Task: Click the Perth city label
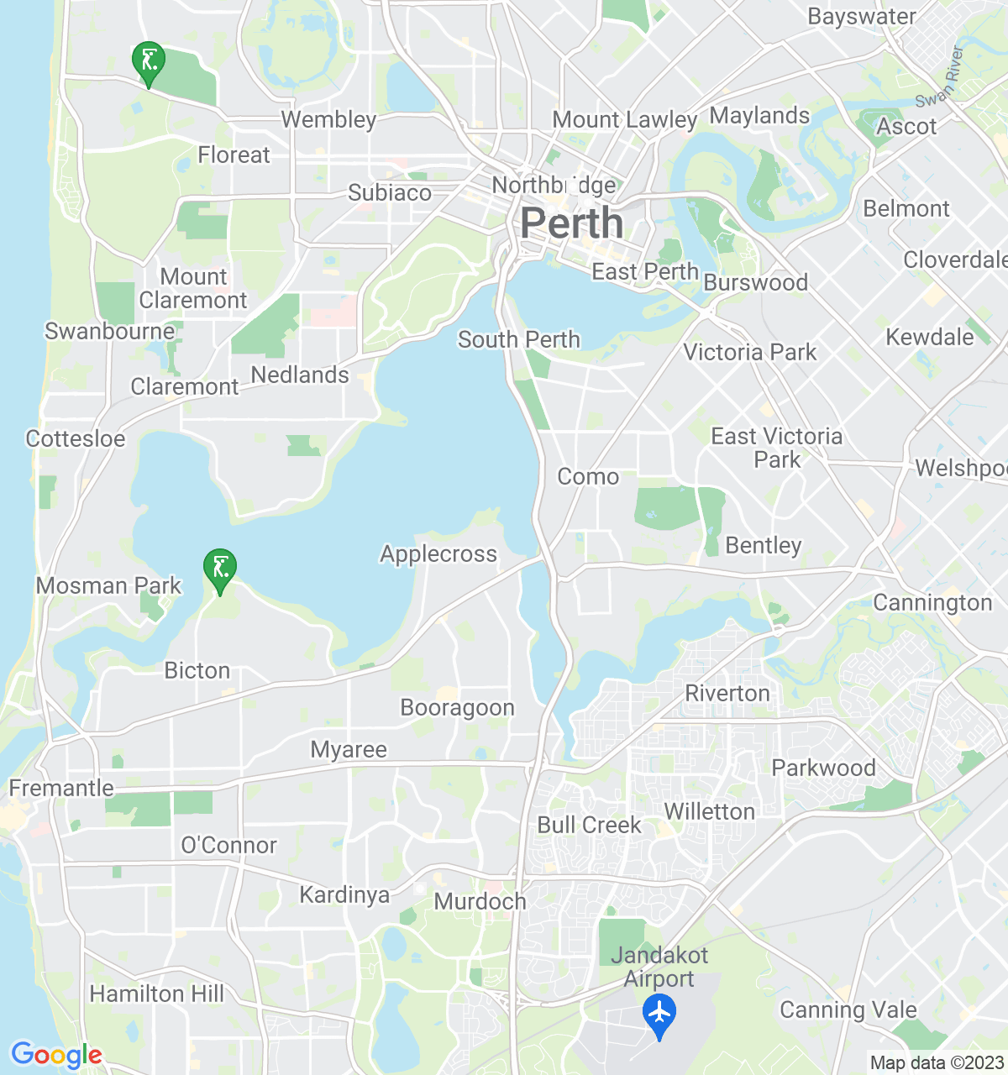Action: pyautogui.click(x=572, y=224)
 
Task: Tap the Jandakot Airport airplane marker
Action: pyautogui.click(x=659, y=1013)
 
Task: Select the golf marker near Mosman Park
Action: pyautogui.click(x=220, y=569)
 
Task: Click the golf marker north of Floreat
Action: pyautogui.click(x=149, y=61)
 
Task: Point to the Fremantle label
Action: pyautogui.click(x=61, y=788)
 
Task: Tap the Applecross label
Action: pyautogui.click(x=438, y=554)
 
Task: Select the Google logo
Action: pyautogui.click(x=56, y=1055)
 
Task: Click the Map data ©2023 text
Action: pyautogui.click(x=937, y=1063)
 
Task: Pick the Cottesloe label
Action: pyautogui.click(x=76, y=438)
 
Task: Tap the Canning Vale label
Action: pyautogui.click(x=848, y=1009)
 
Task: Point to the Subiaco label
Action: pyautogui.click(x=390, y=193)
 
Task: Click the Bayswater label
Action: pyautogui.click(x=862, y=17)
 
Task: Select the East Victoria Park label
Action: pyautogui.click(x=777, y=448)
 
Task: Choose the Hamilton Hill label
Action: pyautogui.click(x=157, y=994)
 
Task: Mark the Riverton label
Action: pyautogui.click(x=727, y=694)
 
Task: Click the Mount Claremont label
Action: pyautogui.click(x=193, y=288)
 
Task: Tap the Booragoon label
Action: pyautogui.click(x=458, y=708)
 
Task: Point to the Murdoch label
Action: pyautogui.click(x=480, y=902)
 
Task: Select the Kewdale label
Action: pyautogui.click(x=930, y=338)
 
